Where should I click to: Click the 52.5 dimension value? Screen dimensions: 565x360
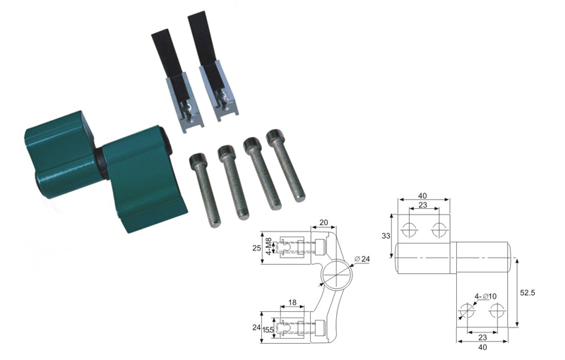tap(527, 293)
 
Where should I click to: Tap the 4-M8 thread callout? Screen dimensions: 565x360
tap(268, 246)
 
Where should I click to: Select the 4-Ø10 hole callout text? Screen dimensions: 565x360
tap(485, 296)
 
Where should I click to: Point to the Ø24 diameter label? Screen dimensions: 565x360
tap(362, 258)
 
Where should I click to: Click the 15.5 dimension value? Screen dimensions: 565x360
tap(268, 330)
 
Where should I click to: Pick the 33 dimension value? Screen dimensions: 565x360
tap(386, 236)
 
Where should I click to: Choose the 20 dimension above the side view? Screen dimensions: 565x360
tap(323, 222)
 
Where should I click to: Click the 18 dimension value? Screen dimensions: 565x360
tap(292, 302)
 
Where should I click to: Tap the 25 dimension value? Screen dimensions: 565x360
tap(256, 248)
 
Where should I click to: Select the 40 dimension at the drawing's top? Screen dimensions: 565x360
tap(422, 196)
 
